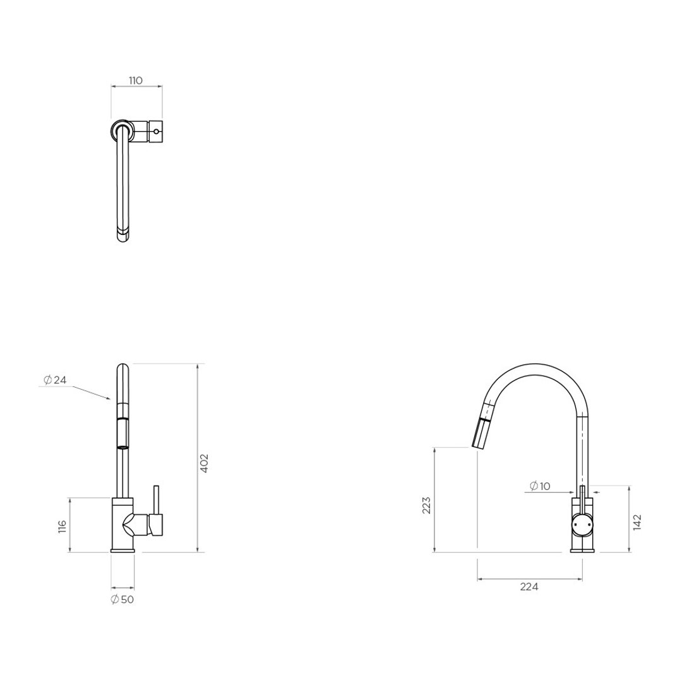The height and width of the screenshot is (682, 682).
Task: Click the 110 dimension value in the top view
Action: tap(136, 80)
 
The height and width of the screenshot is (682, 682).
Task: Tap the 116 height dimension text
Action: tap(62, 526)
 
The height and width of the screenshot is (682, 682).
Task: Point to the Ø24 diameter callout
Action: tap(55, 380)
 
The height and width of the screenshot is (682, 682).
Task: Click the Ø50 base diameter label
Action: tap(122, 599)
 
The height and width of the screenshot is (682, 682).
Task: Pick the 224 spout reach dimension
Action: tap(529, 587)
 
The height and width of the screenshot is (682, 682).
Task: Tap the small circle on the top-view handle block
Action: tap(156, 131)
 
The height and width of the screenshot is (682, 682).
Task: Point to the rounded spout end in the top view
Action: tap(123, 237)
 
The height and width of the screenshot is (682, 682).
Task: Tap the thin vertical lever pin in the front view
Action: tap(156, 499)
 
